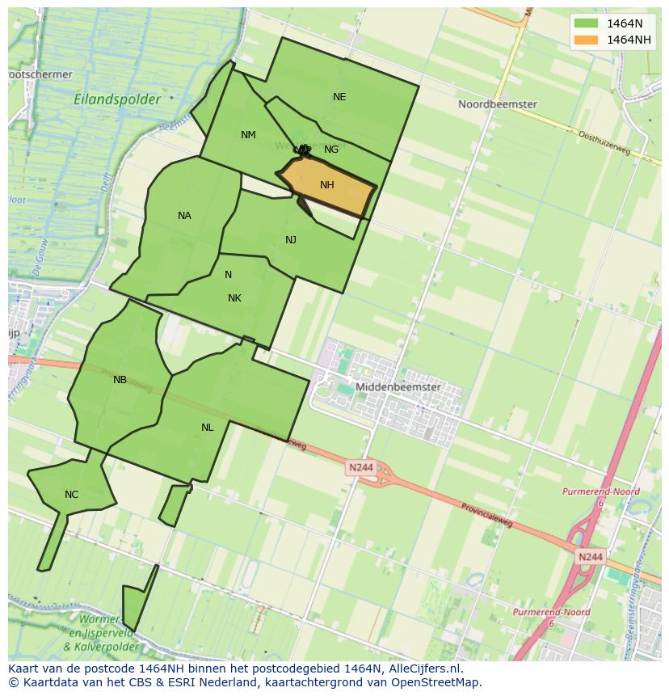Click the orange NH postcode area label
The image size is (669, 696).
coord(326,185)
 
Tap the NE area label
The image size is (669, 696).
coord(339,97)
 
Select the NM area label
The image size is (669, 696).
coord(248,135)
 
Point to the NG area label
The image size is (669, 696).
coord(331,150)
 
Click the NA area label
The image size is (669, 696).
coord(184,216)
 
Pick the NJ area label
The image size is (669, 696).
coord(291,240)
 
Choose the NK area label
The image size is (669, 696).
coord(234,298)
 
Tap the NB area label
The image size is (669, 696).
coord(120,380)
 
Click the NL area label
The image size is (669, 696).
coord(208,428)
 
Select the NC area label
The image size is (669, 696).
coord(71,495)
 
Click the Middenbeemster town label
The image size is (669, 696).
coord(398,387)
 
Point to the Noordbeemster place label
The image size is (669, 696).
coord(497,104)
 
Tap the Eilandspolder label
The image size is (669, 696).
coord(117,99)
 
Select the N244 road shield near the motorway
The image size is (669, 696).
coord(591,557)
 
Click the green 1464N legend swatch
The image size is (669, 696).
coord(586,23)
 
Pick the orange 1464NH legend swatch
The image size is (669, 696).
coord(586,40)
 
